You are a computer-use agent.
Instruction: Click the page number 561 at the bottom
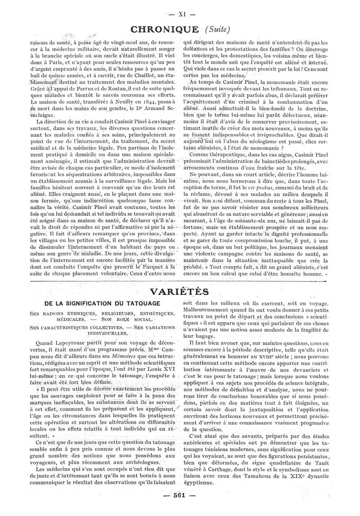[x=180, y=508]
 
